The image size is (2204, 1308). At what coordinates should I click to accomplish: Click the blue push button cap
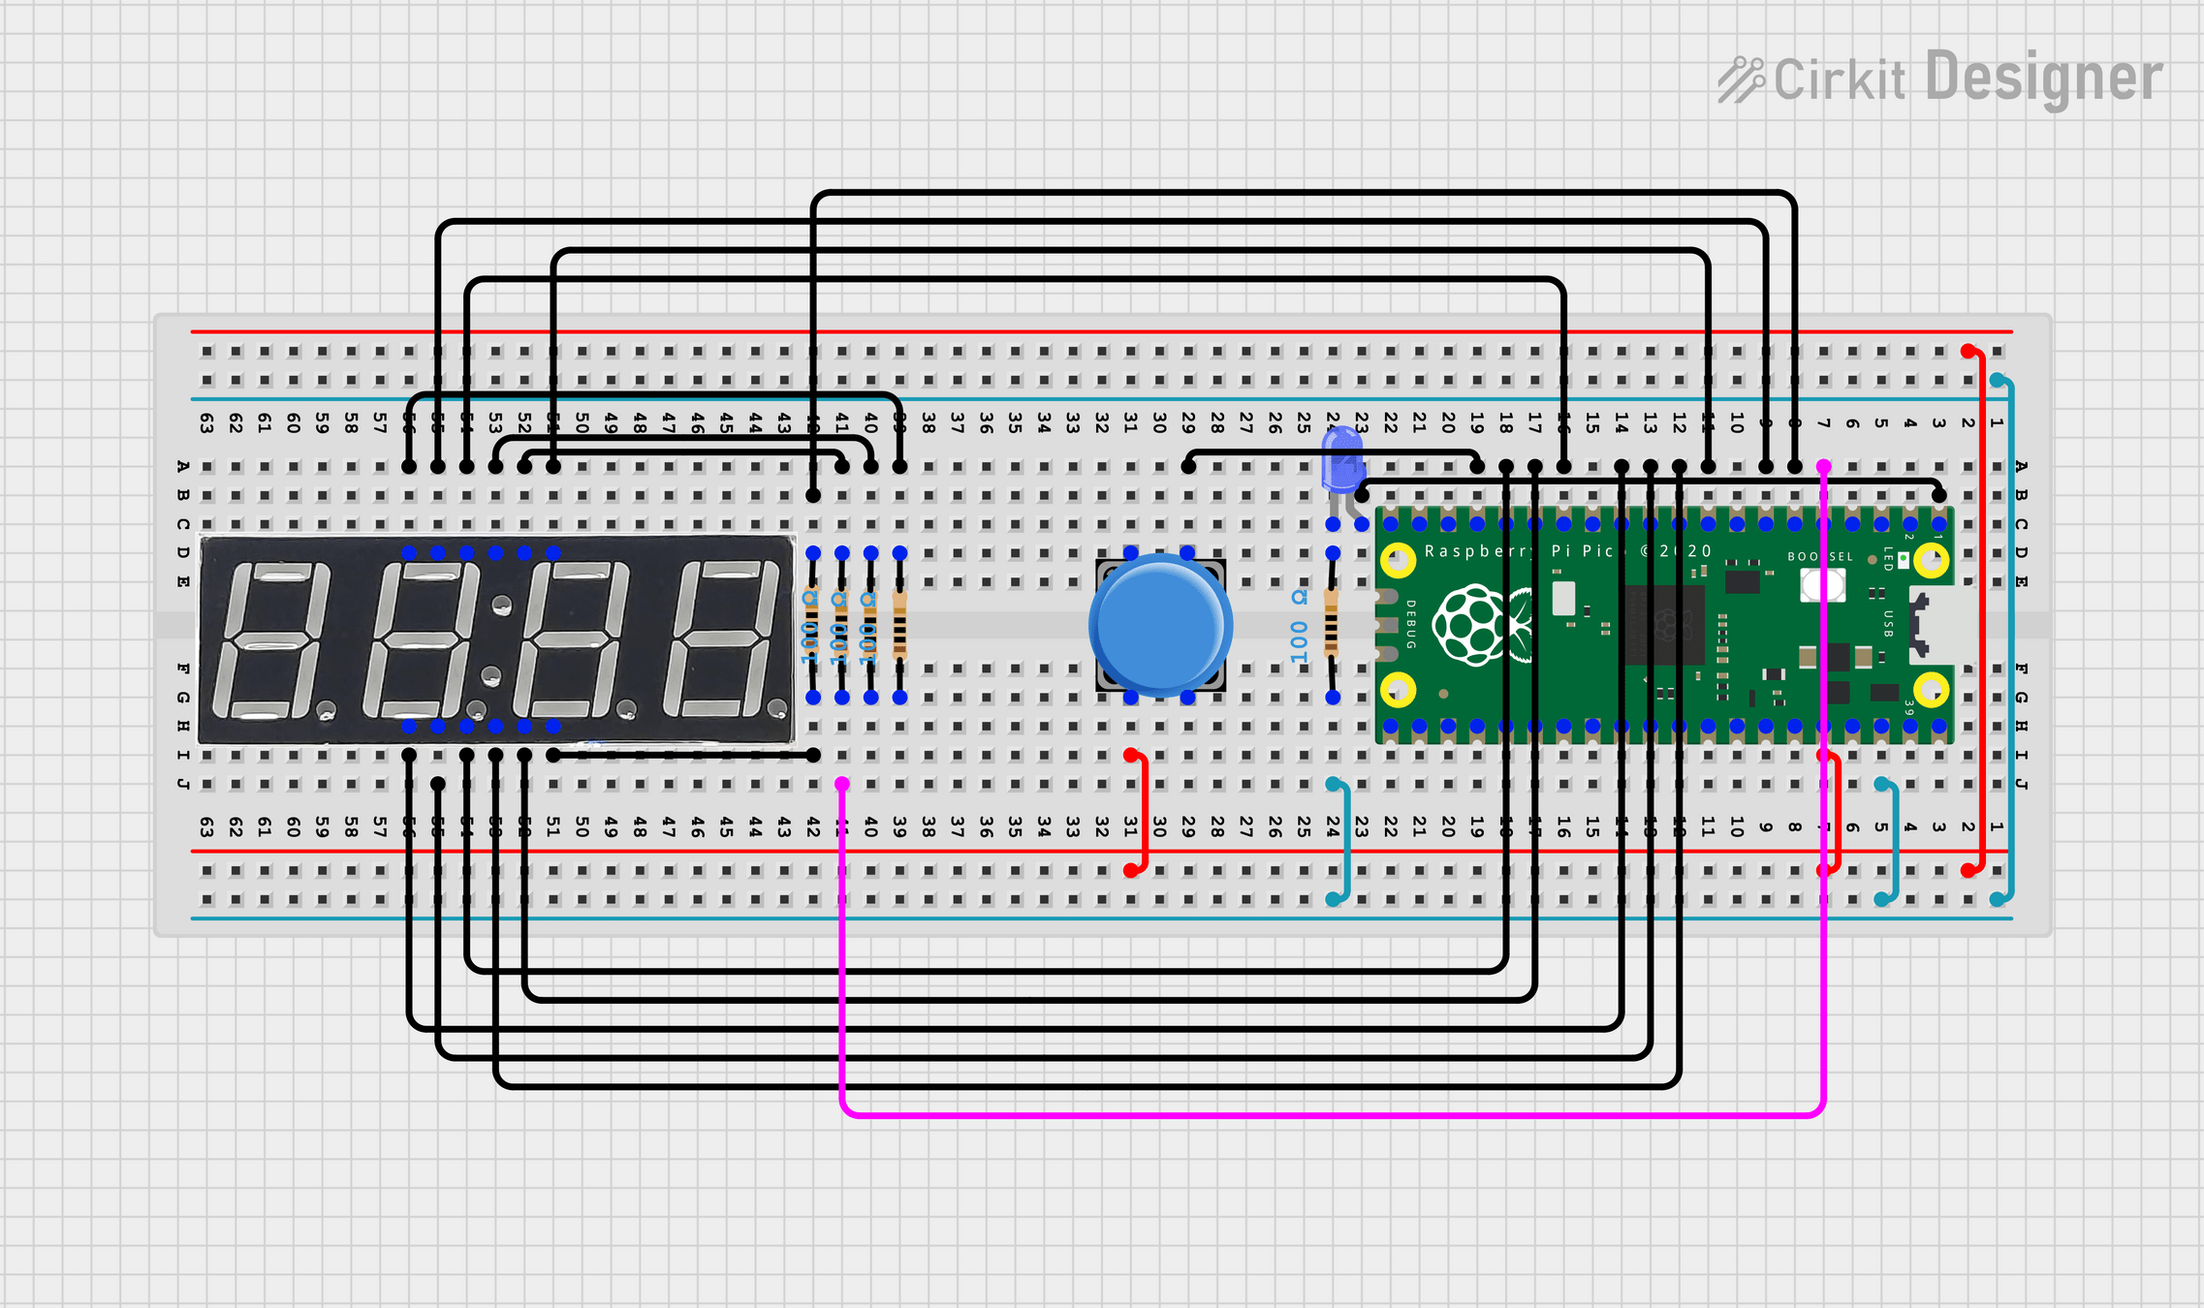[x=1160, y=625]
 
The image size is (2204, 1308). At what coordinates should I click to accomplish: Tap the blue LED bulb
[x=1341, y=460]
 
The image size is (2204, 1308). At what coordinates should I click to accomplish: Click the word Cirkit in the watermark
[x=1839, y=80]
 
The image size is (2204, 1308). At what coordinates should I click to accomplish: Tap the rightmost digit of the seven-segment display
[x=725, y=639]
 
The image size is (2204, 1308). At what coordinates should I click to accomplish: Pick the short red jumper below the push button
[x=1145, y=814]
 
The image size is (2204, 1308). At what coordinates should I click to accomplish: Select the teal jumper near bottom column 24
[x=1346, y=841]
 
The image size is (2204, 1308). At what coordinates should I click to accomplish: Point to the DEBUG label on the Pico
[x=1410, y=625]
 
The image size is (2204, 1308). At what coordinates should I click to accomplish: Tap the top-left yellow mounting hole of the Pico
[x=1398, y=559]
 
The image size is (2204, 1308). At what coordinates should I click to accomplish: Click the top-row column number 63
[x=206, y=422]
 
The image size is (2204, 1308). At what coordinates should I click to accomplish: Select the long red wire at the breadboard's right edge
[x=1981, y=610]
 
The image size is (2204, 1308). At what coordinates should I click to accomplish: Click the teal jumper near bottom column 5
[x=1893, y=841]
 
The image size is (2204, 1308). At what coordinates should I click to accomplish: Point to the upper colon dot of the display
[x=501, y=607]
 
